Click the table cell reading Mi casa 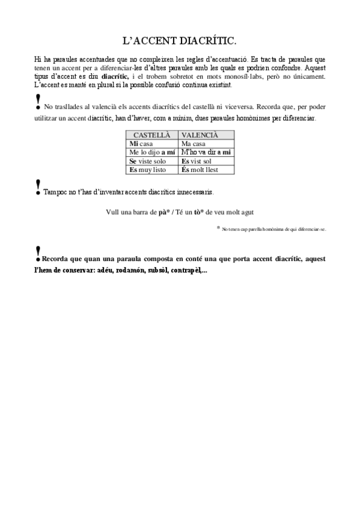pos(141,144)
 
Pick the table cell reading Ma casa pos(193,144)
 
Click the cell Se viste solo pos(148,161)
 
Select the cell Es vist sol pos(197,161)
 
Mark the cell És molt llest pos(200,170)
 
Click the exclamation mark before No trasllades pos(38,100)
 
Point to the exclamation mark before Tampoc pos(38,186)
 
